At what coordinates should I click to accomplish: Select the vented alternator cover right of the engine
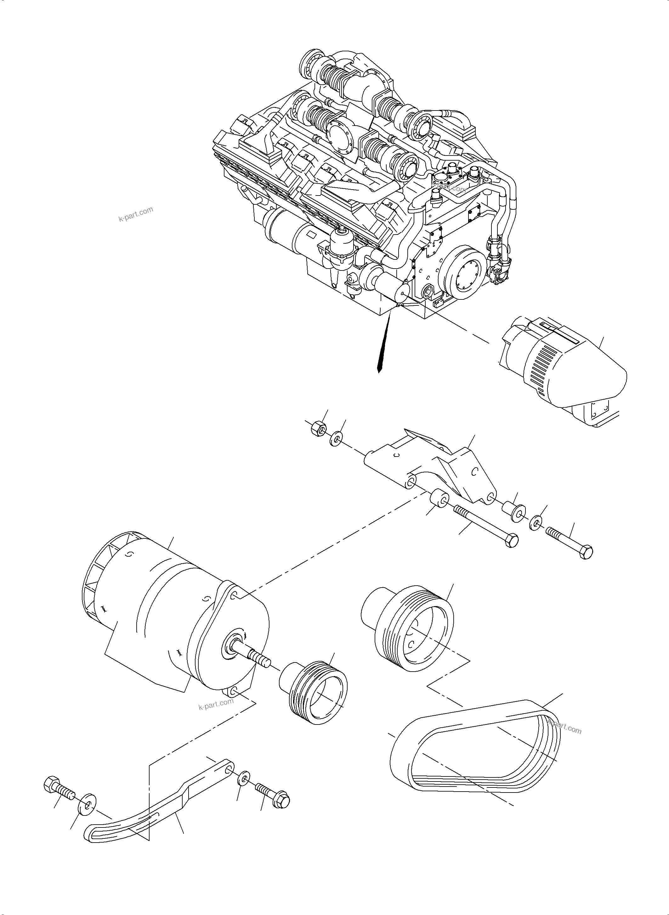[x=563, y=369]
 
